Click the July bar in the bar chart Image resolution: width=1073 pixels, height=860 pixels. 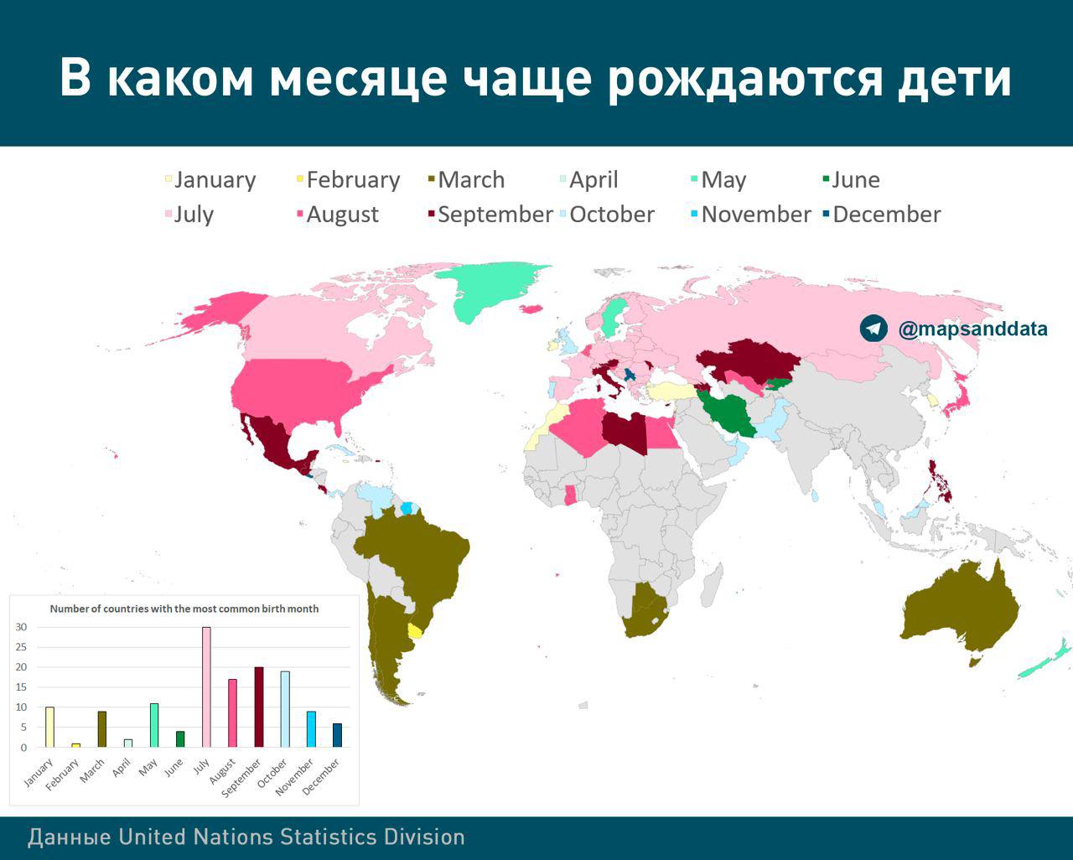pyautogui.click(x=206, y=687)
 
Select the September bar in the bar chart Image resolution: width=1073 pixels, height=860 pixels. pyautogui.click(x=259, y=707)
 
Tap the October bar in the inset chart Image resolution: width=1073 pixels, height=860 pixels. pyautogui.click(x=285, y=709)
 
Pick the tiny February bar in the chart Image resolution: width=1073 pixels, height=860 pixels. pyautogui.click(x=75, y=745)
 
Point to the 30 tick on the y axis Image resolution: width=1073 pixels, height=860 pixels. pyautogui.click(x=21, y=627)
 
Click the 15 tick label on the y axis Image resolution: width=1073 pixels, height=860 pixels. pyautogui.click(x=21, y=687)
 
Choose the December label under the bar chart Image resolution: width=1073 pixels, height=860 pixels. pyautogui.click(x=320, y=777)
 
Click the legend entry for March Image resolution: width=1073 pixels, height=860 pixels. pyautogui.click(x=467, y=179)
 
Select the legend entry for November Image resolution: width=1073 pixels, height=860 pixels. pyautogui.click(x=751, y=215)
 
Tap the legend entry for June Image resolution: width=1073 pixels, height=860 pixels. pyautogui.click(x=851, y=179)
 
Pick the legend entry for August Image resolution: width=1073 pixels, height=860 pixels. pyautogui.click(x=338, y=215)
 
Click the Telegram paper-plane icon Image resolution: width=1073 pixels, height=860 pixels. pyautogui.click(x=873, y=329)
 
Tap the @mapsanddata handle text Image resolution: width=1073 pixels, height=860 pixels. pyautogui.click(x=972, y=329)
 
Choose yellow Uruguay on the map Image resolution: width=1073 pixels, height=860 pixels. pyautogui.click(x=415, y=630)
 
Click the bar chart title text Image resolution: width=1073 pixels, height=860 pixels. pyautogui.click(x=184, y=609)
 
